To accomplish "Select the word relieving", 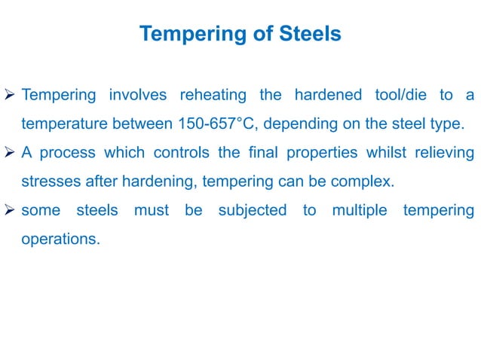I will pos(444,153).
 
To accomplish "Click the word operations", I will pos(60,239).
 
